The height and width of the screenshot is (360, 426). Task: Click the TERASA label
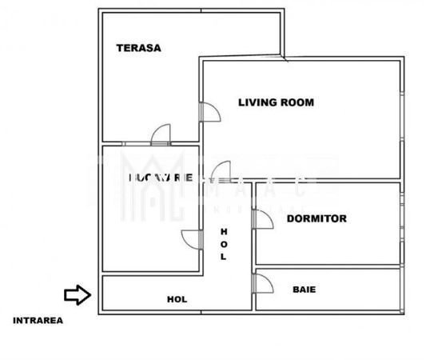point(138,47)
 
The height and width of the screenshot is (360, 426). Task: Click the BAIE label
point(303,289)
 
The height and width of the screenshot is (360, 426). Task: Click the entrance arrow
point(77,295)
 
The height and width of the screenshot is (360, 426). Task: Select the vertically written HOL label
point(224,244)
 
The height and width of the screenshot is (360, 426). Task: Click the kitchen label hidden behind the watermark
point(160,178)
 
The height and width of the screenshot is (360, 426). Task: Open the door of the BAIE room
point(262,284)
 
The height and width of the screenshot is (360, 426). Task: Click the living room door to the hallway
point(221,170)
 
